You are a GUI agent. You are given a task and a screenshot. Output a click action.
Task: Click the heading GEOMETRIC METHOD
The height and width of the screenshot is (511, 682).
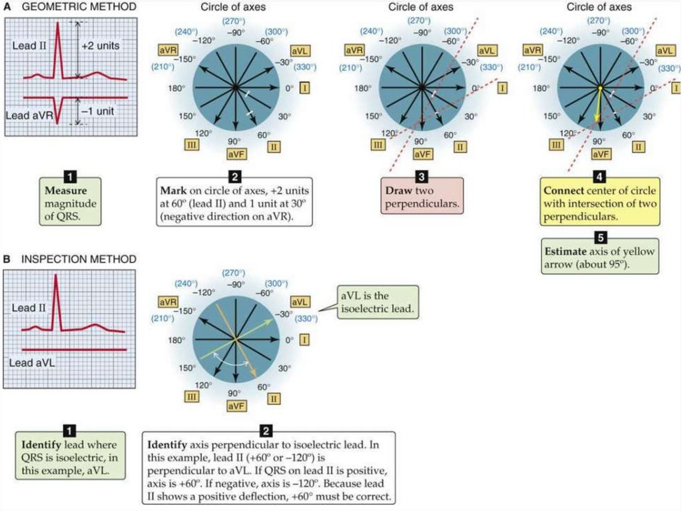[78, 7]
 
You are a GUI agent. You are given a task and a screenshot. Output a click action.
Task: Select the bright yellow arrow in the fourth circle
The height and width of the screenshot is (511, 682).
[598, 105]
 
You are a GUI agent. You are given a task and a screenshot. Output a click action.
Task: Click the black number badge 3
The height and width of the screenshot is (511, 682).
[422, 178]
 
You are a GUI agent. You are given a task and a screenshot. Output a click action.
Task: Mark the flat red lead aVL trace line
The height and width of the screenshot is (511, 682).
[73, 350]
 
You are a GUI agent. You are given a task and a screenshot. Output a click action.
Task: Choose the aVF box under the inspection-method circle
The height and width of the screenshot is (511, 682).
[236, 405]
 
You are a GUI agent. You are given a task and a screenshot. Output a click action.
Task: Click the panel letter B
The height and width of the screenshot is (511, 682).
[8, 258]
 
